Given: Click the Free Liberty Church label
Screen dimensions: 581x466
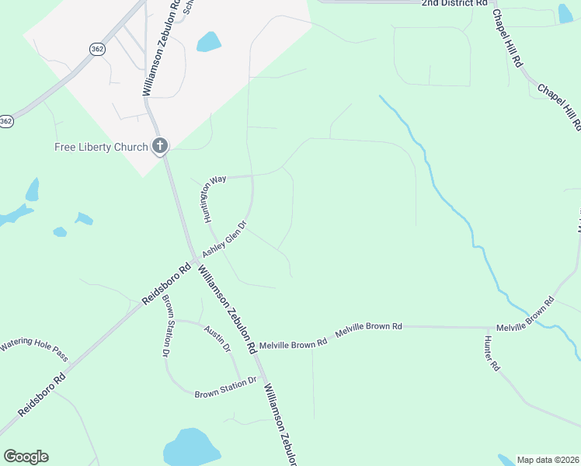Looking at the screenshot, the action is click(101, 148).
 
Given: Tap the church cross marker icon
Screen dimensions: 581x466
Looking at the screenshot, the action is click(161, 145).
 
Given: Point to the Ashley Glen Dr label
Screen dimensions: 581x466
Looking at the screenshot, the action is click(224, 241).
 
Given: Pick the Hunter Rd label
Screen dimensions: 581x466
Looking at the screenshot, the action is click(491, 353).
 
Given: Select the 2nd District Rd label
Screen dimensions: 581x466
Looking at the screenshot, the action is click(454, 4).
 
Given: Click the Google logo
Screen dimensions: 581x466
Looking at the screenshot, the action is click(26, 457).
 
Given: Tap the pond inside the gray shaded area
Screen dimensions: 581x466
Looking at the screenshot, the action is click(208, 41).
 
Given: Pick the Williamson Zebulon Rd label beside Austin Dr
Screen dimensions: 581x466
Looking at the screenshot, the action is click(228, 310).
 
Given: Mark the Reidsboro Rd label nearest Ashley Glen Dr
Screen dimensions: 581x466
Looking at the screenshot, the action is click(166, 286).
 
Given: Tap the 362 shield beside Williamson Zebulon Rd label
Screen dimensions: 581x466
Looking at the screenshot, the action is click(96, 48).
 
